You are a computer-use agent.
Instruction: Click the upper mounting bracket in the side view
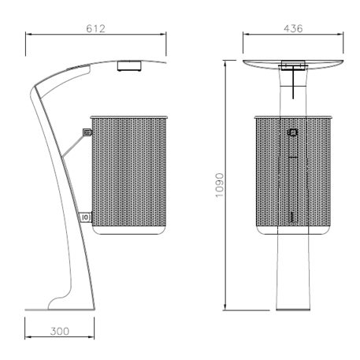(87, 132)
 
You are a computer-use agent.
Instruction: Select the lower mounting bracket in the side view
(85, 215)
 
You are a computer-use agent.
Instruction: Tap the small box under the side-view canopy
(128, 66)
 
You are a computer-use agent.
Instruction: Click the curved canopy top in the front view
(293, 61)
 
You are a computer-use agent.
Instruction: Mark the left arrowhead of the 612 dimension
(28, 35)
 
